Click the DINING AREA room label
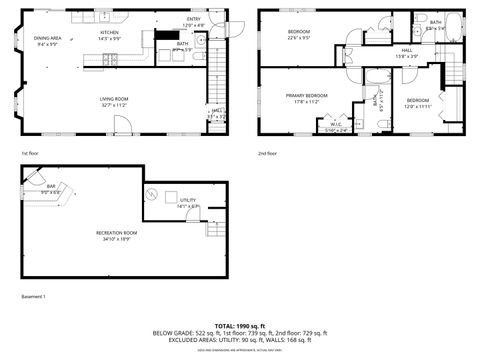[48, 38]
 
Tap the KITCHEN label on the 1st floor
[109, 33]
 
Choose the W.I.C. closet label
[336, 124]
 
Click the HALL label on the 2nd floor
[407, 50]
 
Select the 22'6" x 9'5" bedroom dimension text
[299, 38]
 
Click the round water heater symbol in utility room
[153, 194]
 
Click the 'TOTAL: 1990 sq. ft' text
[240, 326]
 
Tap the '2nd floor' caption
[267, 153]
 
